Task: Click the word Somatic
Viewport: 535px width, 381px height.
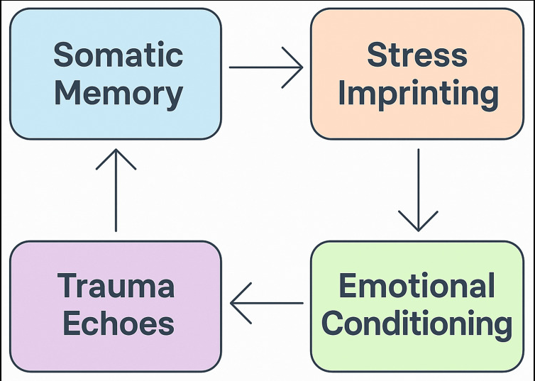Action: point(118,55)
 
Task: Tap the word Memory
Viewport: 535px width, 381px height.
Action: point(118,93)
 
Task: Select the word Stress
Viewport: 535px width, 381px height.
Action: point(417,55)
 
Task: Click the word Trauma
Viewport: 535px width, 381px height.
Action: point(116,287)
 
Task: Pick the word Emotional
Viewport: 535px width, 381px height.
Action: point(417,287)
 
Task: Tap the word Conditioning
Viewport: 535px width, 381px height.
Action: point(417,324)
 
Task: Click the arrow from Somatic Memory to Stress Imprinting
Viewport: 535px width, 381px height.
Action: point(266,68)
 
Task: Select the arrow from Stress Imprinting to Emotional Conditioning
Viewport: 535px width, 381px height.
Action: point(418,189)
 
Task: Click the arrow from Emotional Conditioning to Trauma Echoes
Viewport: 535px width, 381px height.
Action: point(266,303)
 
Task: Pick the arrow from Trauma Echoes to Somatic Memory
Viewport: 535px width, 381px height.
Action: point(115,189)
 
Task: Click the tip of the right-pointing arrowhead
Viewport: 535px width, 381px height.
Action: point(303,68)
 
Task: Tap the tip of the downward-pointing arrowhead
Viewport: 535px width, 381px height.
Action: point(418,231)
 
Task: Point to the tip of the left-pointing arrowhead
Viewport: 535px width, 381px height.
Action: point(231,303)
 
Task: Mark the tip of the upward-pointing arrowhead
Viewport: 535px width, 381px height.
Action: point(115,149)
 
